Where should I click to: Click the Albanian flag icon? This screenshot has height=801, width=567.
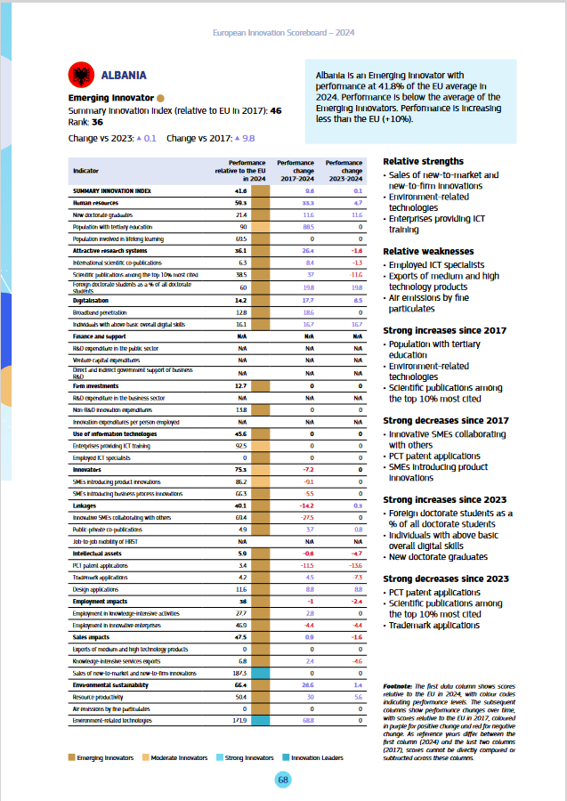[x=80, y=75]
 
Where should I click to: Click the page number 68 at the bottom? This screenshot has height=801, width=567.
[x=282, y=780]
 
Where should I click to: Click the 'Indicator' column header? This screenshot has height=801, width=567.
[x=86, y=169]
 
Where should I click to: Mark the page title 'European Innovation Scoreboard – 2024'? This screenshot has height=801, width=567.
[x=284, y=32]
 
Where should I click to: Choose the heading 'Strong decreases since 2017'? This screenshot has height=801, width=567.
[x=446, y=420]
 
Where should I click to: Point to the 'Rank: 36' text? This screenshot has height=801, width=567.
[x=85, y=122]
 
